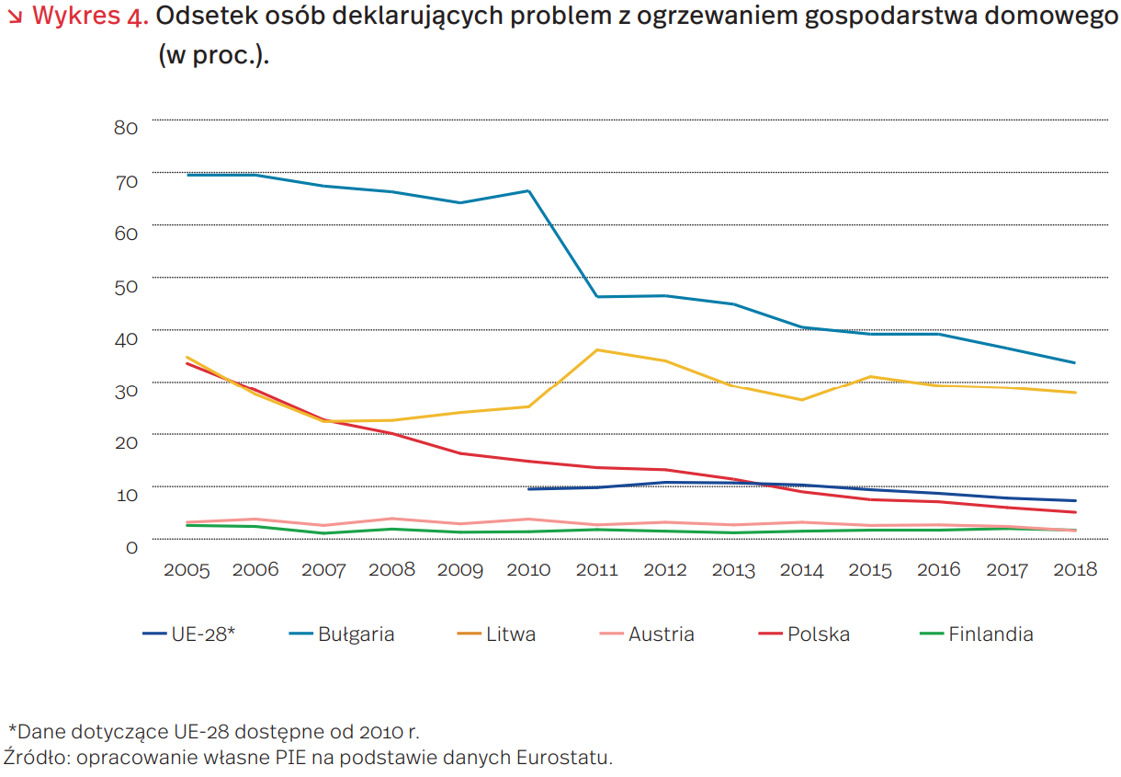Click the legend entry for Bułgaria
point(342,634)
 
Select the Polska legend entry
point(804,634)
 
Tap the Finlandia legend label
point(991,634)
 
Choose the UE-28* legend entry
point(188,634)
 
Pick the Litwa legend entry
point(496,634)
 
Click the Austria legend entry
point(647,634)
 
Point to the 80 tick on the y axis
point(126,128)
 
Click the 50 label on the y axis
point(126,288)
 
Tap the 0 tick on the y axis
point(131,547)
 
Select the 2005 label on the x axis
point(187,570)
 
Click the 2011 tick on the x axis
point(597,570)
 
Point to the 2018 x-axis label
point(1075,570)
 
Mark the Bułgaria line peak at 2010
point(529,191)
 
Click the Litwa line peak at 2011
point(597,349)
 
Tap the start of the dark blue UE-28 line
point(529,489)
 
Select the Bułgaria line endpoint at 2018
point(1075,362)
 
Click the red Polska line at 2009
point(460,453)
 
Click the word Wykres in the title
point(76,16)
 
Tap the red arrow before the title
point(16,17)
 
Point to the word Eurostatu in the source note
point(564,758)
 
